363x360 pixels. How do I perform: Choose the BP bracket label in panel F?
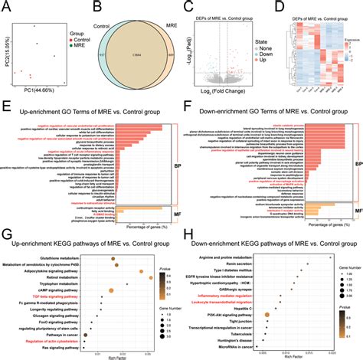point(358,142)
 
